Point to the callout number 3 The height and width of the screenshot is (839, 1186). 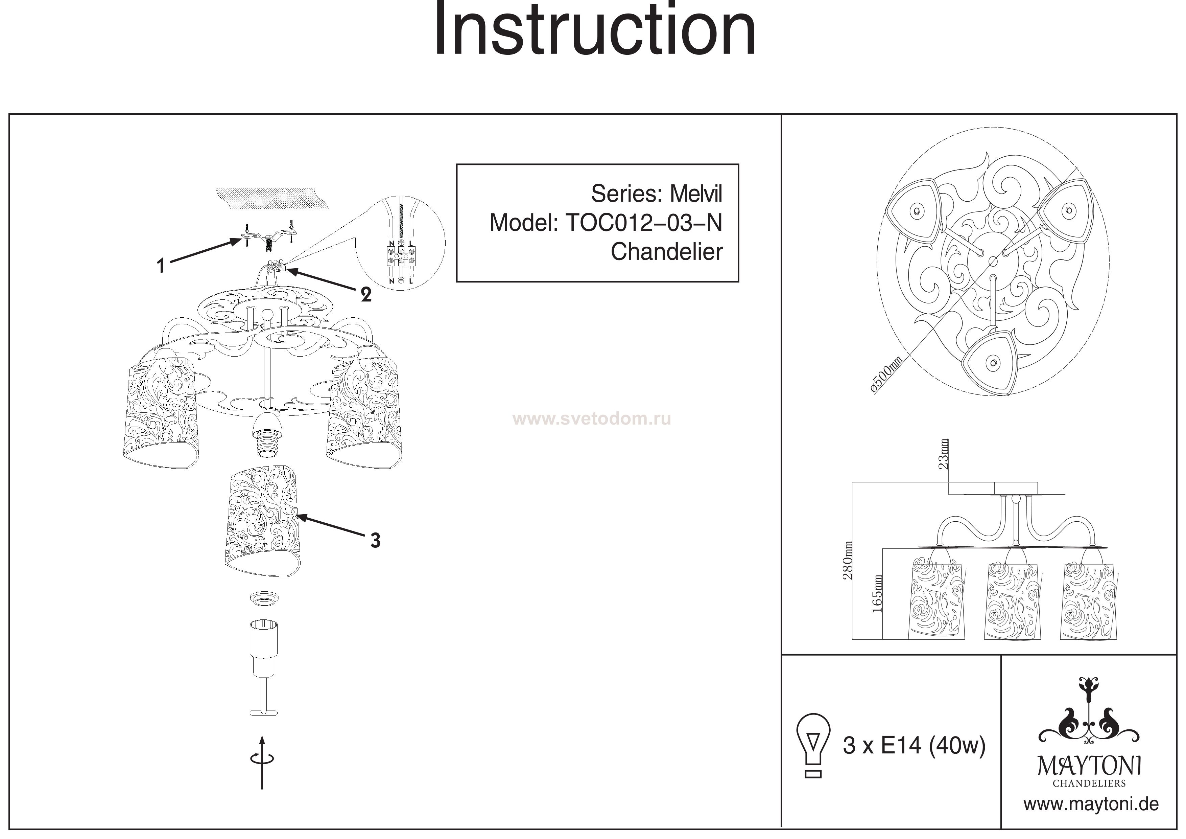[x=376, y=540]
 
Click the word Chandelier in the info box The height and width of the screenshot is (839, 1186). [x=666, y=252]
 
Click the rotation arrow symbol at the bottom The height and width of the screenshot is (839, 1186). [x=262, y=760]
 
